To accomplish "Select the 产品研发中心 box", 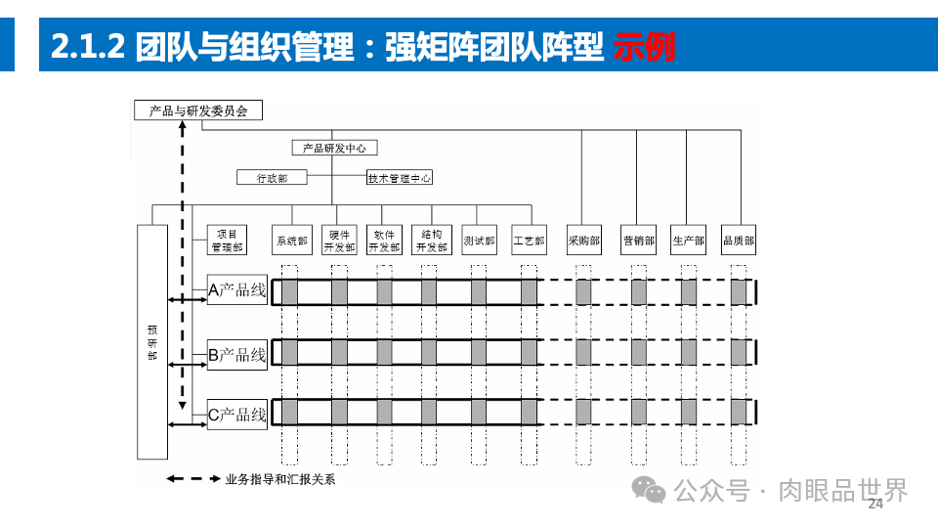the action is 334,148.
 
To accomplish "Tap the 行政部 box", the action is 272,178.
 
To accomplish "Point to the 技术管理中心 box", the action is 400,178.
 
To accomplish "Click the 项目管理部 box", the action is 227,241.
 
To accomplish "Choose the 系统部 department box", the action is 291,241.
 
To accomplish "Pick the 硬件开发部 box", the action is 340,241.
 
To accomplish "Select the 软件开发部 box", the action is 384,241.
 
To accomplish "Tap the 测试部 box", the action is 479,241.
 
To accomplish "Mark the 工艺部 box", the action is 529,241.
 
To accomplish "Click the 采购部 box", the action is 583,241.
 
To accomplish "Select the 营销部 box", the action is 638,241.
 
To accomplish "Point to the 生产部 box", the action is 688,241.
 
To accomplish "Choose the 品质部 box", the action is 738,241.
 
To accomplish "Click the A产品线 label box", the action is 237,289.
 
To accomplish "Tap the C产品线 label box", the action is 237,415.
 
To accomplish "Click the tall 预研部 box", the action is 151,342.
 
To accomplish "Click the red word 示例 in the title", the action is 645,46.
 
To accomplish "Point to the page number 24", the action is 875,504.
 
